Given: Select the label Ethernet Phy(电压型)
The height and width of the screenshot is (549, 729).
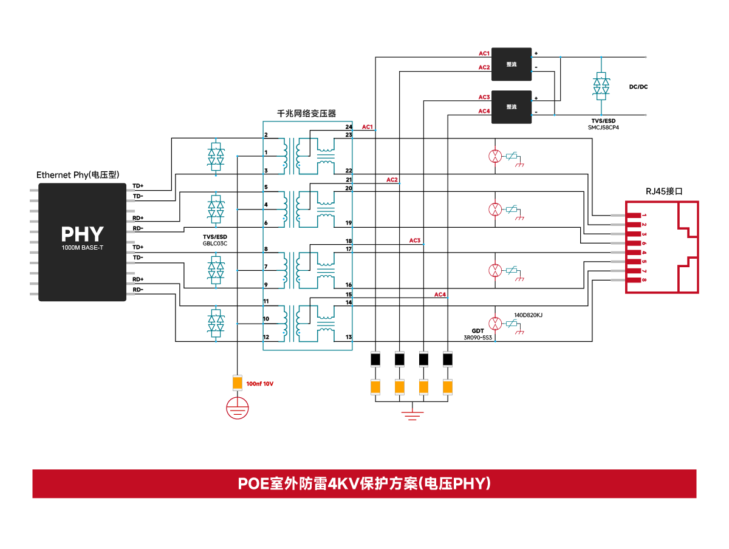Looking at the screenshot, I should [78, 175].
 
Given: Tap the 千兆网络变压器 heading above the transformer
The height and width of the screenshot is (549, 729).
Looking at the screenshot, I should [307, 114].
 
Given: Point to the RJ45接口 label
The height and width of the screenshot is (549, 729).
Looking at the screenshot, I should [664, 191].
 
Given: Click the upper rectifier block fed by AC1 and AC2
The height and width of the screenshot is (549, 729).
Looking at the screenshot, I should [512, 64].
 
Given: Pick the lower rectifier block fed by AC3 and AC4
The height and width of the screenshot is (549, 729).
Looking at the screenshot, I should [512, 107].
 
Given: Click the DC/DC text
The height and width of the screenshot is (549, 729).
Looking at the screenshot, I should [638, 87].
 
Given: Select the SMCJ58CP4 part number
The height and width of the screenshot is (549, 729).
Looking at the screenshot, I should [603, 128].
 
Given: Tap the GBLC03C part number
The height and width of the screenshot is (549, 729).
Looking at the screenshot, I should [215, 243].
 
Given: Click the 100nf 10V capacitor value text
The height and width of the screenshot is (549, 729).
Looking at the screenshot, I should [260, 384].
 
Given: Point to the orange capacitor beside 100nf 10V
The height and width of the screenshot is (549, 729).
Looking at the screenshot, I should [238, 383].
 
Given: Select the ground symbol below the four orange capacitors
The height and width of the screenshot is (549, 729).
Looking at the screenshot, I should [412, 415].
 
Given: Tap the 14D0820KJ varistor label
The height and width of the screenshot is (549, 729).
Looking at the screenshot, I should [529, 315].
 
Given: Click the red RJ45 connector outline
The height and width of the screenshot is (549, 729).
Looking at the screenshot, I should [662, 247].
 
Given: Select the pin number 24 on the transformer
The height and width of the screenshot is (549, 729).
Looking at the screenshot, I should [348, 128].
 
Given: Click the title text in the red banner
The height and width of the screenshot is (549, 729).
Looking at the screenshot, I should [364, 484].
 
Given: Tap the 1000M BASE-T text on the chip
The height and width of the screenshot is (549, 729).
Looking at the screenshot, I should [82, 248].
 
